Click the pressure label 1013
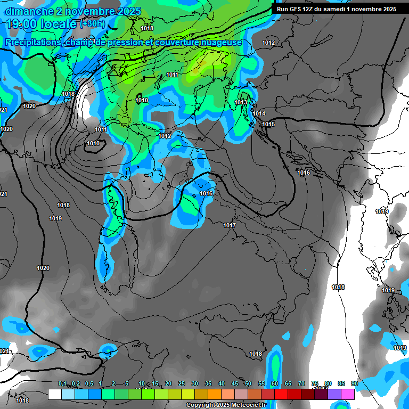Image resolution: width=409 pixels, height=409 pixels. (x=241, y=102)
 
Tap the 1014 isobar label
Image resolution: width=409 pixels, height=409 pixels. (x=259, y=113)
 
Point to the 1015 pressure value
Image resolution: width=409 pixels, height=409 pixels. (x=268, y=124)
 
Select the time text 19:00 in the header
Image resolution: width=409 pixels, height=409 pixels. (x=22, y=24)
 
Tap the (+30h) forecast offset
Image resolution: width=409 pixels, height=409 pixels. (x=93, y=24)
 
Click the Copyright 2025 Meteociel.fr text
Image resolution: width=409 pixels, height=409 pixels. (x=226, y=405)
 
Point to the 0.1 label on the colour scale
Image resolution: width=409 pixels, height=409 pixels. (x=62, y=384)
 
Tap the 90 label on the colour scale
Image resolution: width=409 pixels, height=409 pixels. (x=354, y=384)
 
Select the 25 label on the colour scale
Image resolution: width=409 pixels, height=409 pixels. (x=182, y=384)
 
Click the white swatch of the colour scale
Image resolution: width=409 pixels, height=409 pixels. (x=54, y=394)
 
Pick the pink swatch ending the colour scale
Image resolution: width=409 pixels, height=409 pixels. (x=348, y=394)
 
